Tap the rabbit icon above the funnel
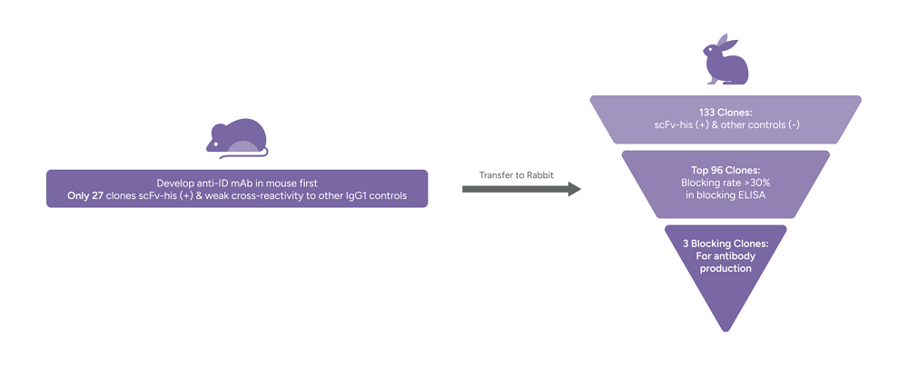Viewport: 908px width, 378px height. (725, 61)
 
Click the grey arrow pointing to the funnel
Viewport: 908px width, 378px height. (521, 189)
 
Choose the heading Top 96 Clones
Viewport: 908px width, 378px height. (725, 170)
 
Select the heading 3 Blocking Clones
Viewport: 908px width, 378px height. (725, 244)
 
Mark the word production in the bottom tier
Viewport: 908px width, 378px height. (725, 268)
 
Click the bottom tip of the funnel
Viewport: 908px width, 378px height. (725, 329)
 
